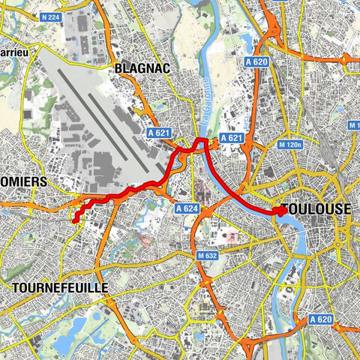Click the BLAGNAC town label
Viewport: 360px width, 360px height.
tap(142, 68)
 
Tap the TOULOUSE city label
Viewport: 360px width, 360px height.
tap(316, 209)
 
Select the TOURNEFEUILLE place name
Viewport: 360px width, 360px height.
tap(60, 288)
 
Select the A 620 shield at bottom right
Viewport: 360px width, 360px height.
tap(319, 319)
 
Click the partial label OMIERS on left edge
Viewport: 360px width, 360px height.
tap(23, 182)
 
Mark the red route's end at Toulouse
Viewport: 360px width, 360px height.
tap(281, 211)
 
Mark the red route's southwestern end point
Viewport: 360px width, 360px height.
tap(74, 220)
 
